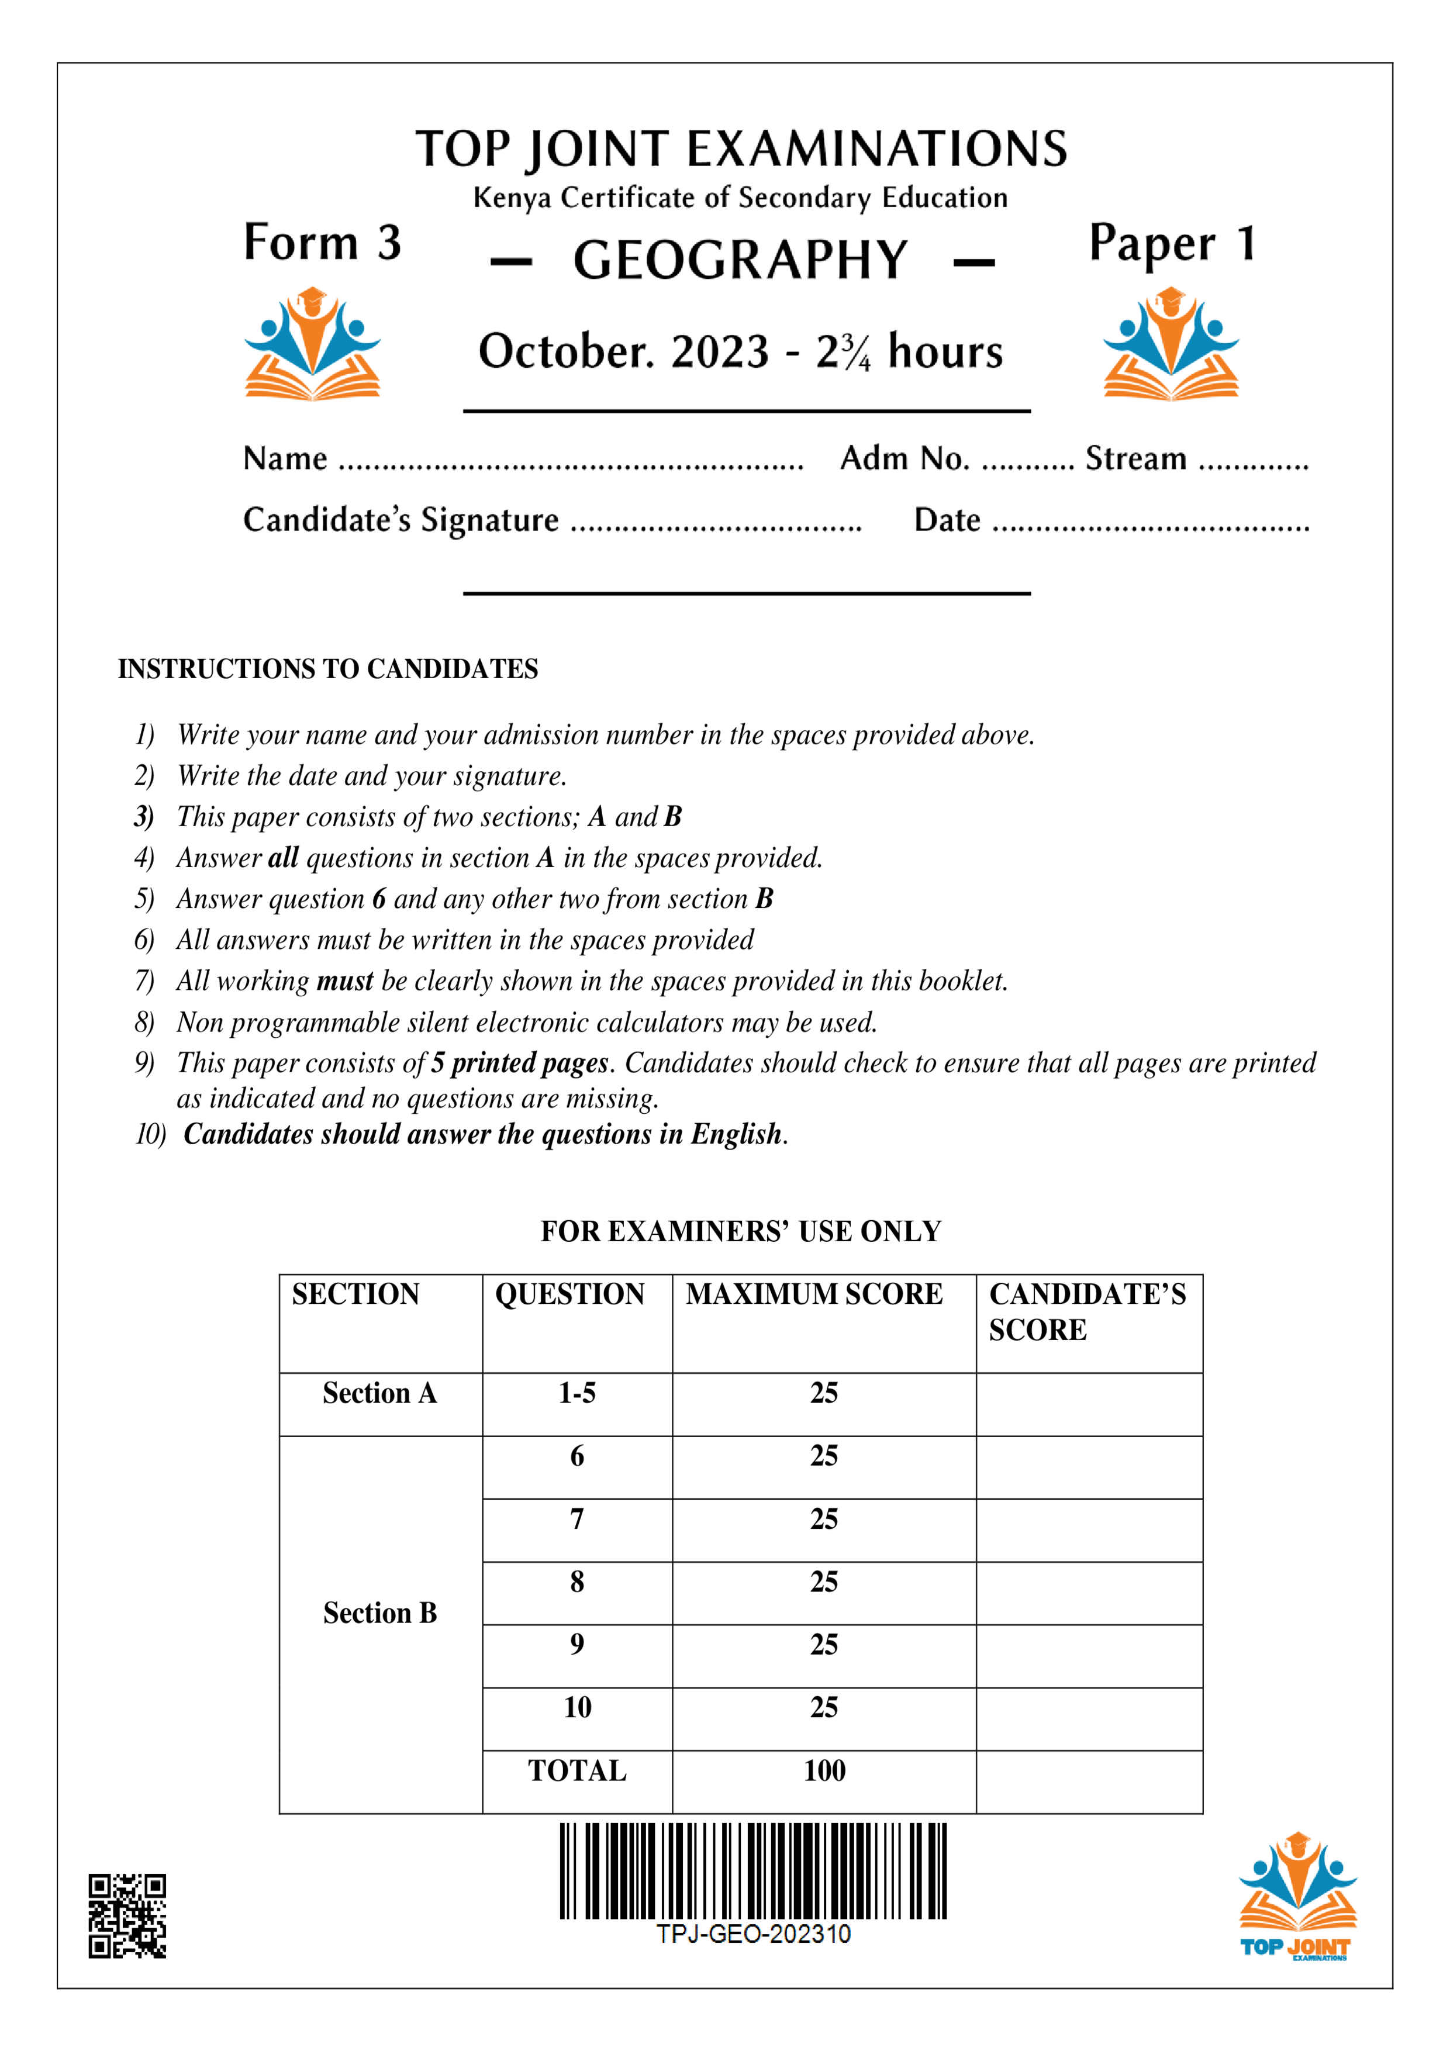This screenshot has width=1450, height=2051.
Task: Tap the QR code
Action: [x=127, y=1915]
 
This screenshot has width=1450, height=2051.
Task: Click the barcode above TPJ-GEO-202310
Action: [x=752, y=1870]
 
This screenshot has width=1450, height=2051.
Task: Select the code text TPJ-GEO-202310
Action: [x=753, y=1934]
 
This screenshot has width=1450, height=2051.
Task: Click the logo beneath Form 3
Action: [x=313, y=343]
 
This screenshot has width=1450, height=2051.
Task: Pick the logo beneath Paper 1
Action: [x=1171, y=343]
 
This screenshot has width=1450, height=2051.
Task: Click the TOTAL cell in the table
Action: [x=577, y=1770]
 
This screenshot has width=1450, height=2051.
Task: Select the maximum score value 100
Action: [x=824, y=1770]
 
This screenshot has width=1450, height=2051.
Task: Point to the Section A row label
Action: [x=379, y=1393]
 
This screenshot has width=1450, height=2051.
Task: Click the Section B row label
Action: [x=379, y=1613]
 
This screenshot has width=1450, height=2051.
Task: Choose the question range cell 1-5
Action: [x=577, y=1393]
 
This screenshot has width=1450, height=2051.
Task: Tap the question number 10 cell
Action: [x=577, y=1707]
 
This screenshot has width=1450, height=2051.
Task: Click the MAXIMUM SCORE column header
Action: [x=814, y=1294]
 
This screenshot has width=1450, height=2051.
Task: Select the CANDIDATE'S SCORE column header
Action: [x=1087, y=1311]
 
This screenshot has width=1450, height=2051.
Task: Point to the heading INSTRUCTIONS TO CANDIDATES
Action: [x=328, y=669]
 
